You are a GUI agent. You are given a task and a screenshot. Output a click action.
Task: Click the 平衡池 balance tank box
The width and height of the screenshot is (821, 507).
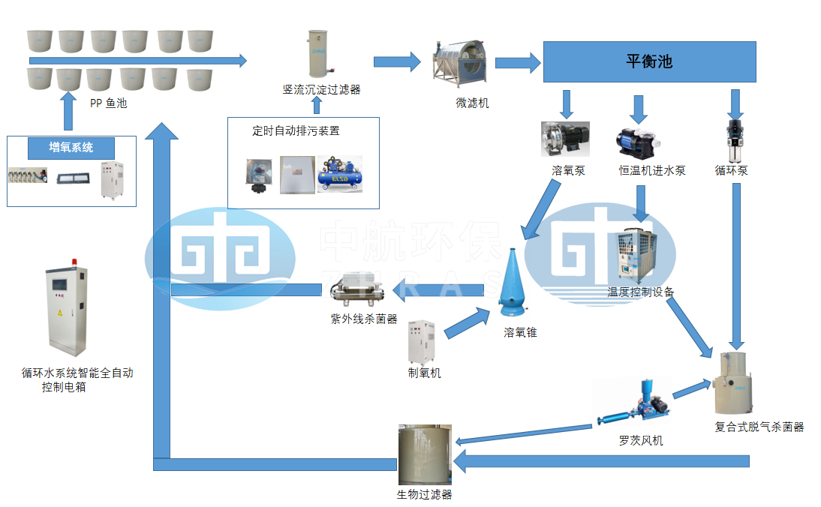point(648,61)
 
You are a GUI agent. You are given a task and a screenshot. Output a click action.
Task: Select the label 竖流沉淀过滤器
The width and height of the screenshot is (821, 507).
point(321,90)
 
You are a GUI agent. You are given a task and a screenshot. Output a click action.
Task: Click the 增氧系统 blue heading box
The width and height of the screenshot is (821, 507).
point(71,148)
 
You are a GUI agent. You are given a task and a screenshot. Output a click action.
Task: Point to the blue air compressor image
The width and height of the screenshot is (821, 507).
point(339,174)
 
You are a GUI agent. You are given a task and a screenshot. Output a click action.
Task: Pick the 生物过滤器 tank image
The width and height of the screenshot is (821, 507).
point(425,454)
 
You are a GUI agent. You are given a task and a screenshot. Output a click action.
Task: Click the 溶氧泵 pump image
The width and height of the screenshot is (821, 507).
point(565,139)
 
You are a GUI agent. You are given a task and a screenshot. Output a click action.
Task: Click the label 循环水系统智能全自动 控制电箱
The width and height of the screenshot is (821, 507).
point(77,379)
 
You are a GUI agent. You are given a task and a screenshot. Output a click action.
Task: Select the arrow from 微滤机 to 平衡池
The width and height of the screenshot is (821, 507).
point(518,63)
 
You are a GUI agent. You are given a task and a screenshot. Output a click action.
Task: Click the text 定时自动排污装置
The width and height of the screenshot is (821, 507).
point(296,130)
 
